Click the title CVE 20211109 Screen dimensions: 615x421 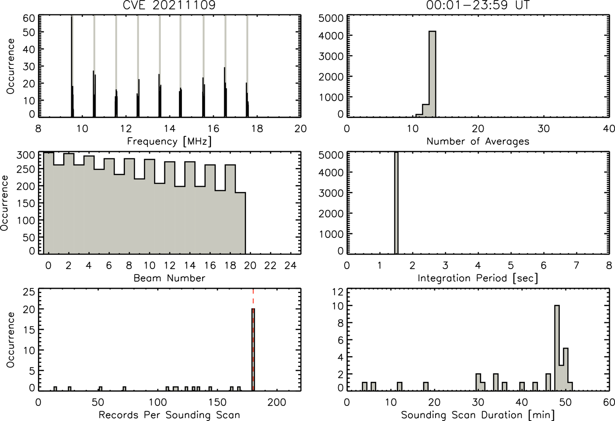(x=169, y=5)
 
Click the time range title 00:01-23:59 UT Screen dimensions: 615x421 (x=478, y=5)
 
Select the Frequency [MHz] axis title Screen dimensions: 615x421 (x=169, y=141)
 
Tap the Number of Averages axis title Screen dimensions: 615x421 (x=478, y=141)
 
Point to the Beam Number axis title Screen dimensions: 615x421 (x=169, y=278)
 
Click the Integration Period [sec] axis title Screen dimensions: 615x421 (x=478, y=278)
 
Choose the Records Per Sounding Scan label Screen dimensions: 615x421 (x=169, y=415)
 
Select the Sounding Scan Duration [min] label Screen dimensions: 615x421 (x=478, y=415)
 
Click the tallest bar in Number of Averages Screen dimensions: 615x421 (x=433, y=74)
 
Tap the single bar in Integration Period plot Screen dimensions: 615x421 (x=396, y=203)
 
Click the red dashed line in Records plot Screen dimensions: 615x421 (x=253, y=339)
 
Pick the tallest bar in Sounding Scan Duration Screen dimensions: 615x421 (x=557, y=348)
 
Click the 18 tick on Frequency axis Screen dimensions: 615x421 (x=257, y=128)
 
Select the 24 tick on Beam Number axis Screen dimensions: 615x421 (x=291, y=265)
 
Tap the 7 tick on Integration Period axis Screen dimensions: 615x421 (x=576, y=265)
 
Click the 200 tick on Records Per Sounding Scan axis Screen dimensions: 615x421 (x=277, y=402)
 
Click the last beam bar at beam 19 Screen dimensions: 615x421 (x=241, y=223)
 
